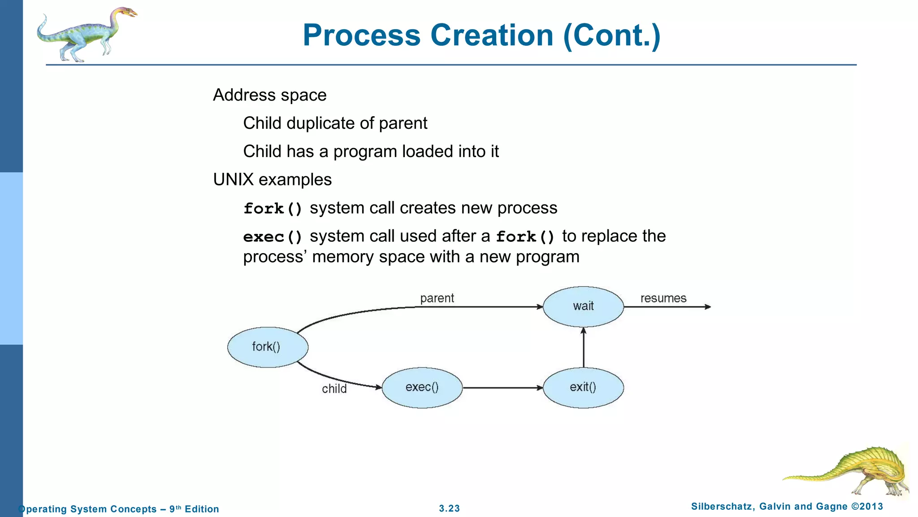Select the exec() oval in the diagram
pos(422,387)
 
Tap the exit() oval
pos(583,387)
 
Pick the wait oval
pos(583,307)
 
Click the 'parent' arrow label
pos(437,298)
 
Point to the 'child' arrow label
pos(334,389)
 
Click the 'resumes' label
pos(663,298)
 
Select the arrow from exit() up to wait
pos(583,348)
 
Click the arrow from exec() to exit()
pos(502,387)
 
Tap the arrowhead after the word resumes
pos(708,307)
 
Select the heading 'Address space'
pos(269,95)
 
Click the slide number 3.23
pos(449,508)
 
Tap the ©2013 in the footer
pos(867,507)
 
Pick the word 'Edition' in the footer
pos(202,509)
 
